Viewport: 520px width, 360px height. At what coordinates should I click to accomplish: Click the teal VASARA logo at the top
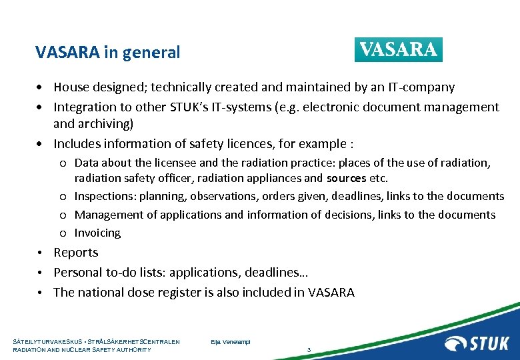(x=398, y=50)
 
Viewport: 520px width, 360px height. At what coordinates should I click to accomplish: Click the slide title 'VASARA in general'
(x=108, y=52)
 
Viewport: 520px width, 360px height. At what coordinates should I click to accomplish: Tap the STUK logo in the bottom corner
(x=477, y=343)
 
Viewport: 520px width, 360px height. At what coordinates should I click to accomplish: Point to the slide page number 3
(x=309, y=350)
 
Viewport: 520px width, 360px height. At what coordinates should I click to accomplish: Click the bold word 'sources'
(x=346, y=178)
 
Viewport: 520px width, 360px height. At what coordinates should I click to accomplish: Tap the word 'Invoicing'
(x=97, y=233)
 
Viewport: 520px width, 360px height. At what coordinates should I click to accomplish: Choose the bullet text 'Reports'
(x=76, y=253)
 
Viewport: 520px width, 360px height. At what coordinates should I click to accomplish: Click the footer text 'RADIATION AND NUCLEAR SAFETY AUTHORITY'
(x=82, y=350)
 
